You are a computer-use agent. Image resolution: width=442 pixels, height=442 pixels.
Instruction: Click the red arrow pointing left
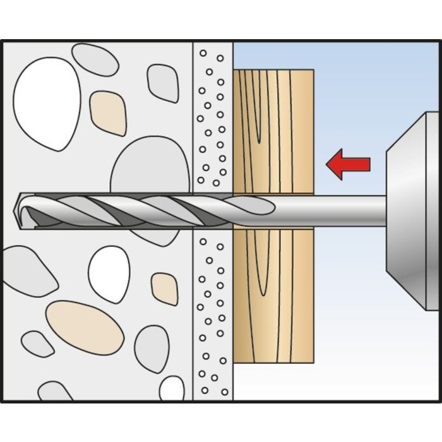point(347,164)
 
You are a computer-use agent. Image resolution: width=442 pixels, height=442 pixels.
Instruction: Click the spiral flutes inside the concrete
point(114,208)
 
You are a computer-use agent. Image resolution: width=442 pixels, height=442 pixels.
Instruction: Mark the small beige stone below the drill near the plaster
point(165,288)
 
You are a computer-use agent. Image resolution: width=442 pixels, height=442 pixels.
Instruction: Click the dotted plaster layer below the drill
point(212,316)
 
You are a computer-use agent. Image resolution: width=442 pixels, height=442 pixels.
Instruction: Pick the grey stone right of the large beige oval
point(152,347)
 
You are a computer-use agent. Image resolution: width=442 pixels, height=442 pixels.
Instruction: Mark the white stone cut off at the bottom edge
point(172,388)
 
